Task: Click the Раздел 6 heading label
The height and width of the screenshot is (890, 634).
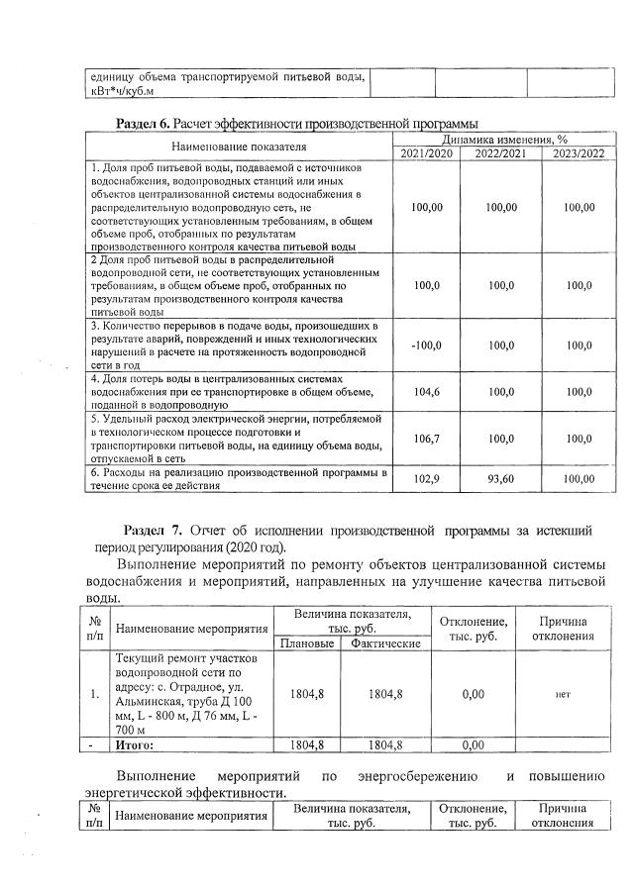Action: tap(144, 124)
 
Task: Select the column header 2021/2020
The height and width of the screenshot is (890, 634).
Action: tap(426, 153)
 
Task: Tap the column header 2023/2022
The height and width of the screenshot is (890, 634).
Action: tap(578, 153)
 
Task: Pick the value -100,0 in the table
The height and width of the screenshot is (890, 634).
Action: tap(426, 345)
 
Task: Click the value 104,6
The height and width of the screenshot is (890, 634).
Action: tap(426, 392)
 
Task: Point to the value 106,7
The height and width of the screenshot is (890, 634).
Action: tap(426, 439)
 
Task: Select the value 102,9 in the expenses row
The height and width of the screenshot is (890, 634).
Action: tap(426, 478)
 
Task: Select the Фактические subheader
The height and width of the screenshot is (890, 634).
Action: tap(384, 644)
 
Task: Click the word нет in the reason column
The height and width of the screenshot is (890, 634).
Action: tap(562, 694)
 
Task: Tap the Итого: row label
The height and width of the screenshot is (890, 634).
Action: tap(136, 743)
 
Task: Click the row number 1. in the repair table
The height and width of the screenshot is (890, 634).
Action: tap(95, 694)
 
